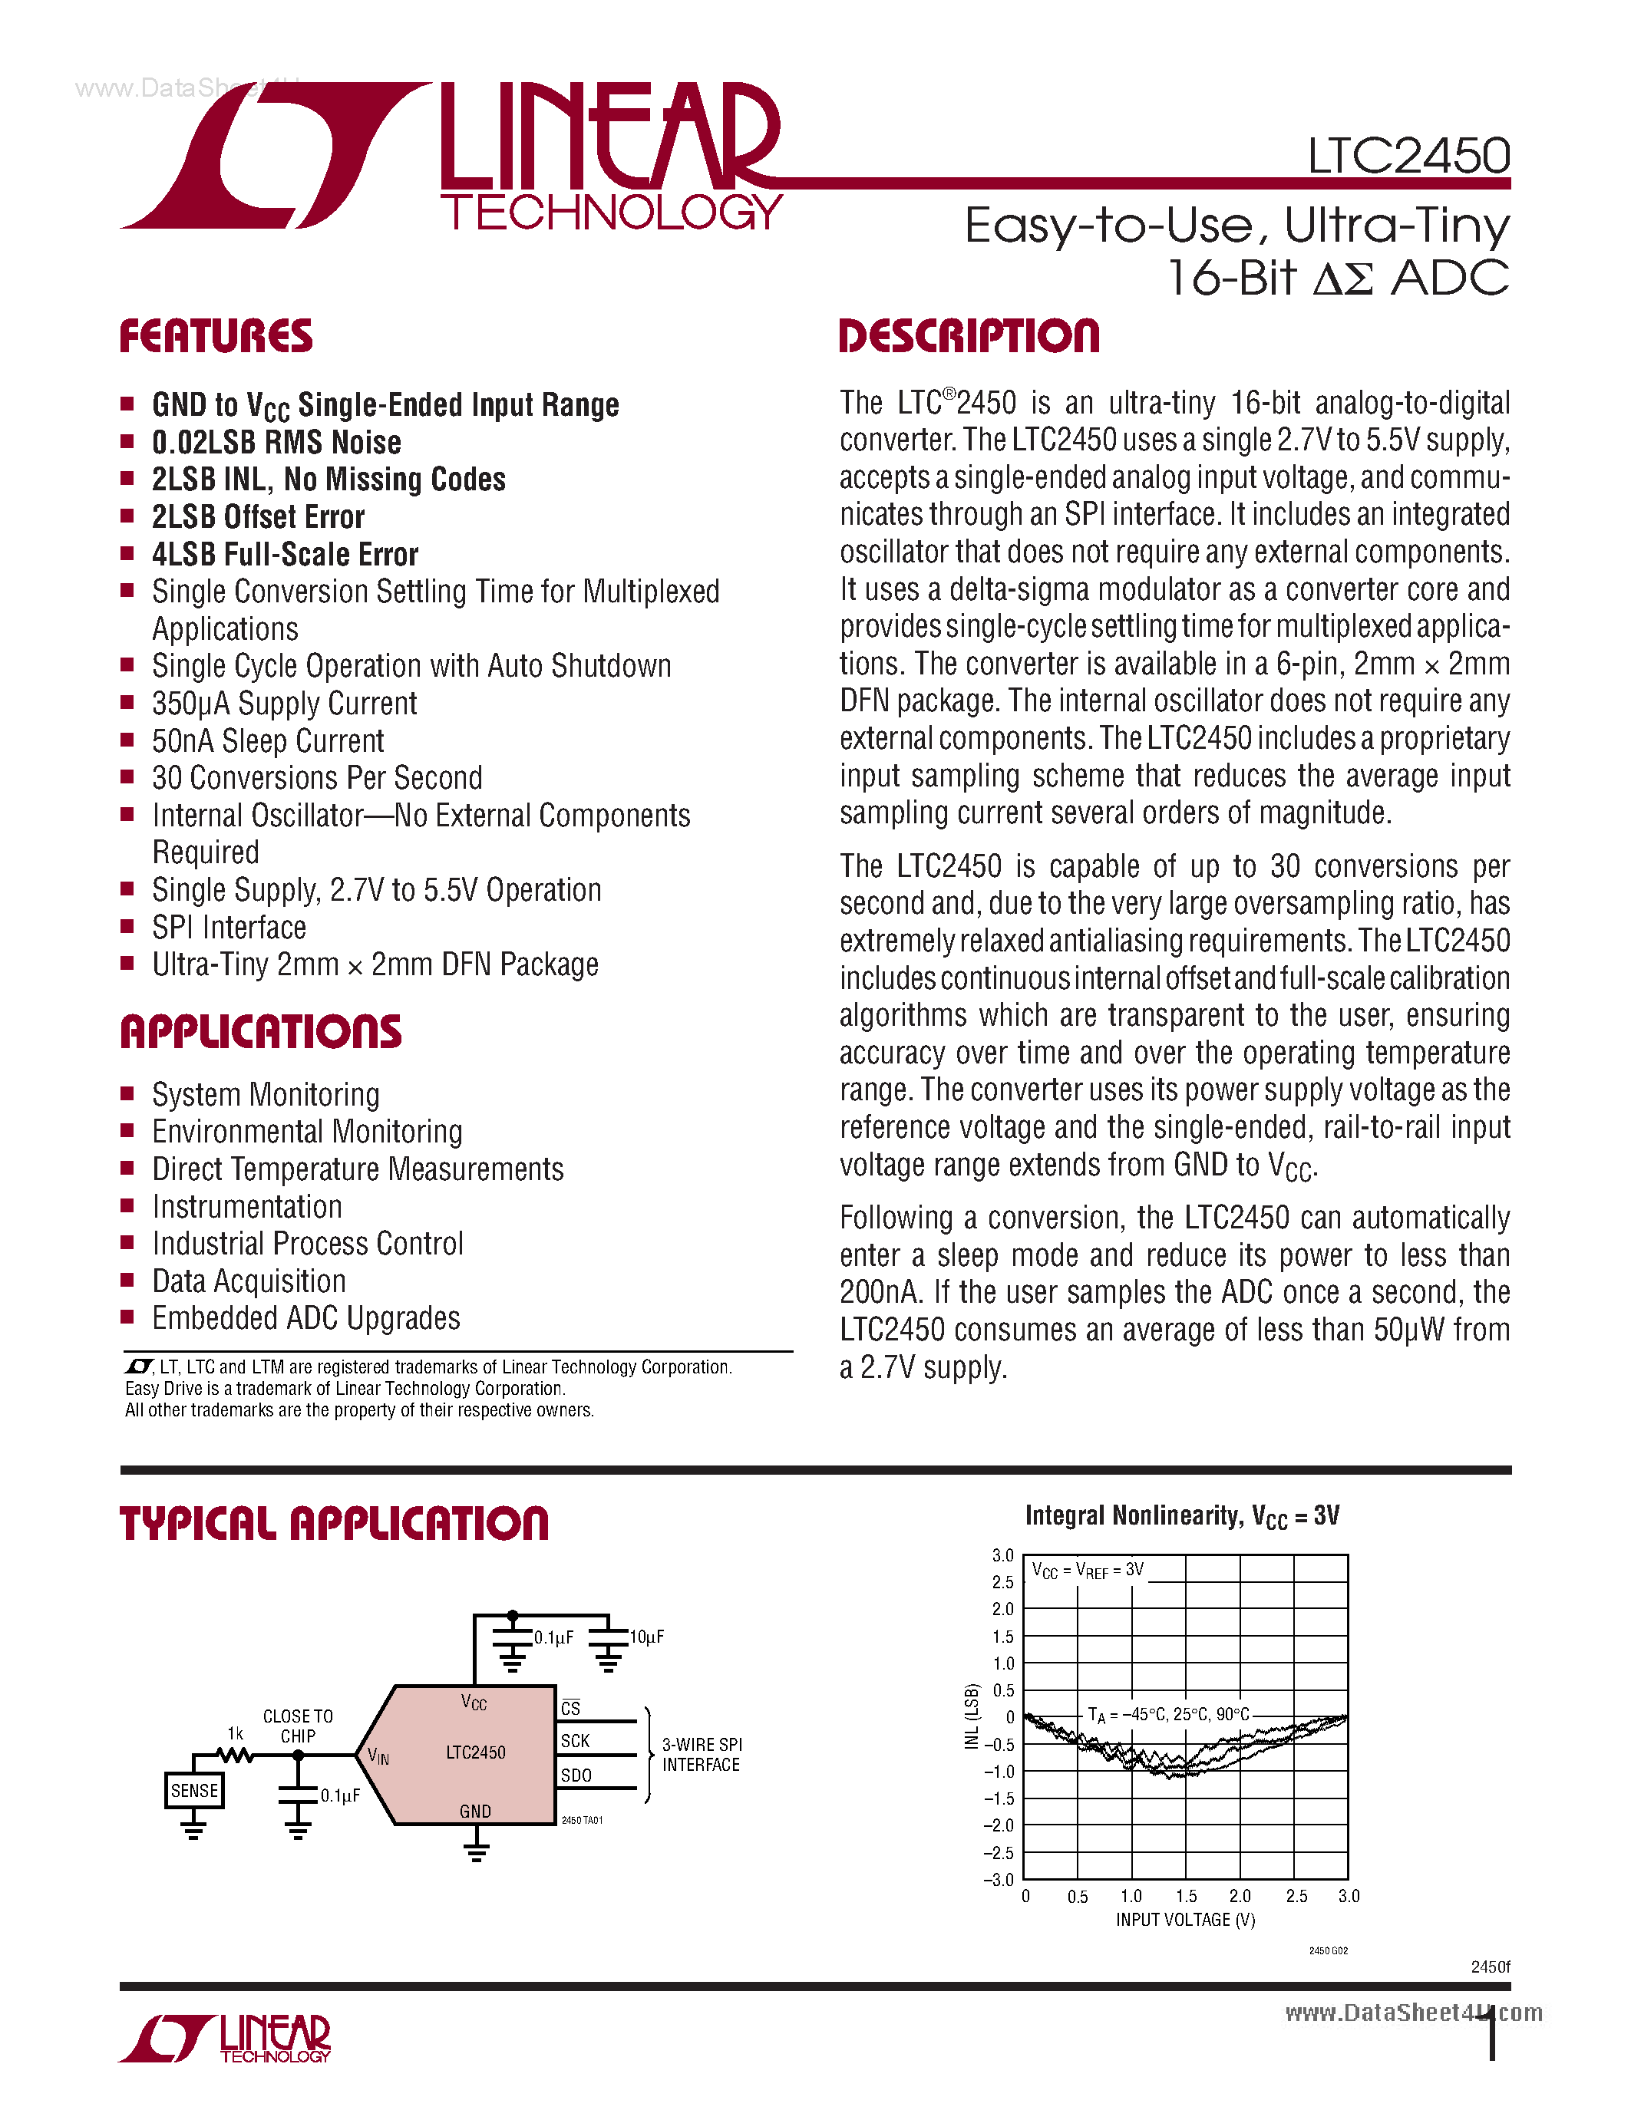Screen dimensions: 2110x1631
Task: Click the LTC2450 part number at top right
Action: click(1408, 156)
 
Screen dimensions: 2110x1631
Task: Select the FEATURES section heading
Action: click(216, 336)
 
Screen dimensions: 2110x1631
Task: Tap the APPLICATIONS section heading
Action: click(261, 1032)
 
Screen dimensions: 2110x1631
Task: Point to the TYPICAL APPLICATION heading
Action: click(335, 1524)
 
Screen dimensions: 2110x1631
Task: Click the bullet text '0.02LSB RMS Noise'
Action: click(276, 443)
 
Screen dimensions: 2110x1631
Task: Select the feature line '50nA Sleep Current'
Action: click(268, 741)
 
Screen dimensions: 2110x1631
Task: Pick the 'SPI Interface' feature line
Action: click(229, 928)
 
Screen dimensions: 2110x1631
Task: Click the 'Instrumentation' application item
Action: click(247, 1207)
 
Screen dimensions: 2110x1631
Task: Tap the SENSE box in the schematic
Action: click(194, 1790)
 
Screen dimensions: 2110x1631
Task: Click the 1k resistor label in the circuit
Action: click(235, 1733)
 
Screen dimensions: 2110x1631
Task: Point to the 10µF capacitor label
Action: click(646, 1637)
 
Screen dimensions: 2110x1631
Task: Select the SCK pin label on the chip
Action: click(575, 1740)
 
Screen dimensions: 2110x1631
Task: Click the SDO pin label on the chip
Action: click(576, 1775)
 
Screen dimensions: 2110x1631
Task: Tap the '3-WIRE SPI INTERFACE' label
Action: click(702, 1755)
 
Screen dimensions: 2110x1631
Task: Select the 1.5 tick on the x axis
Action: click(1186, 1897)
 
